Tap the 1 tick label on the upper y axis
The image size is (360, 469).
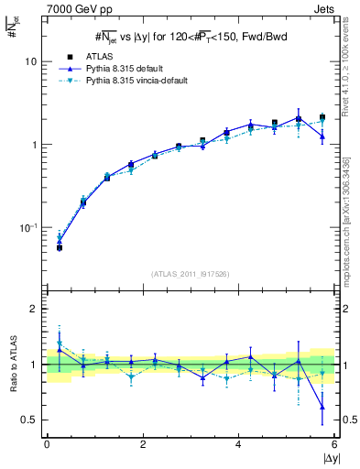click(x=32, y=145)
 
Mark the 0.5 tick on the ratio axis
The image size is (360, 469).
click(x=28, y=420)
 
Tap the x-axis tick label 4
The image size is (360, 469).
click(x=238, y=443)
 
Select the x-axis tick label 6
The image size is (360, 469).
click(x=334, y=443)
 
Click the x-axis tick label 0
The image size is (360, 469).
click(x=47, y=443)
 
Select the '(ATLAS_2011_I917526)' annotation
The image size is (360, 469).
click(x=190, y=273)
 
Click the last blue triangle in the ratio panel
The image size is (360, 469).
click(x=322, y=407)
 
